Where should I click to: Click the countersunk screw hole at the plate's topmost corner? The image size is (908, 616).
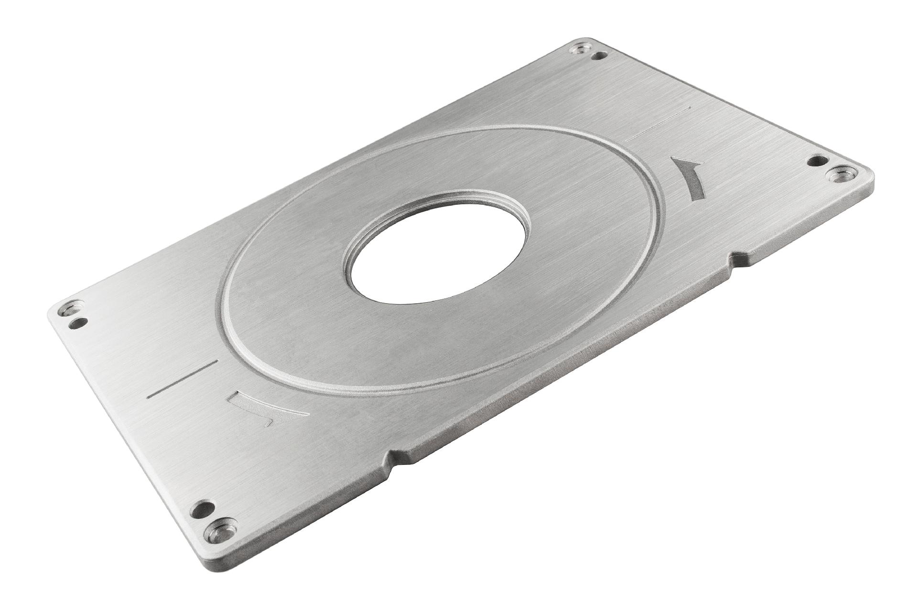[580, 47]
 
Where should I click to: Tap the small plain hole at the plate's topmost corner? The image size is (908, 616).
[596, 56]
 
